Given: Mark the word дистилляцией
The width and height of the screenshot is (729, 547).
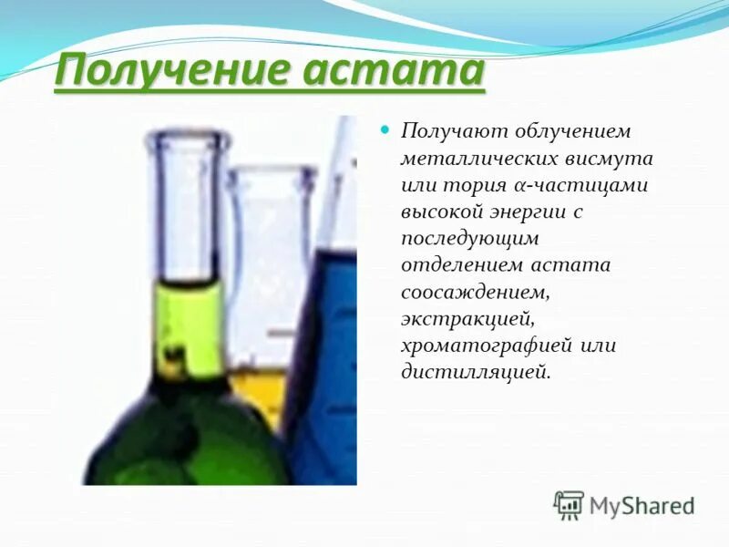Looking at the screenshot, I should coord(476,372).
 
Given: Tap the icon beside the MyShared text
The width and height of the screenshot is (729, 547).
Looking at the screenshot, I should coord(569,505).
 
